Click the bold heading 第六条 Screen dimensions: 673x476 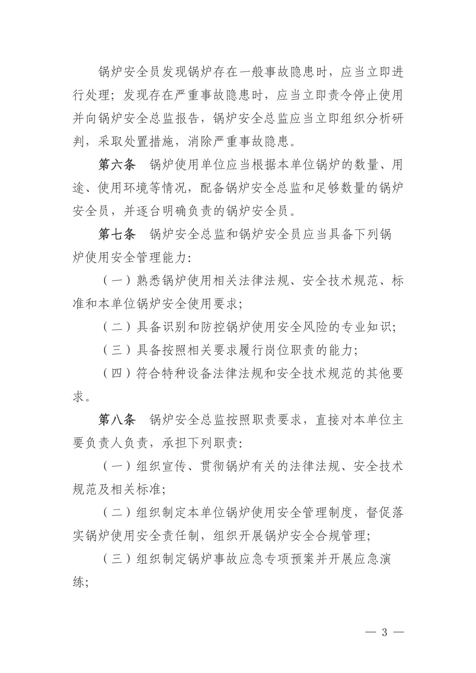117,165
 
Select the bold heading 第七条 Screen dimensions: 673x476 117,235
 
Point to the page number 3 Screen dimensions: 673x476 385,633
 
